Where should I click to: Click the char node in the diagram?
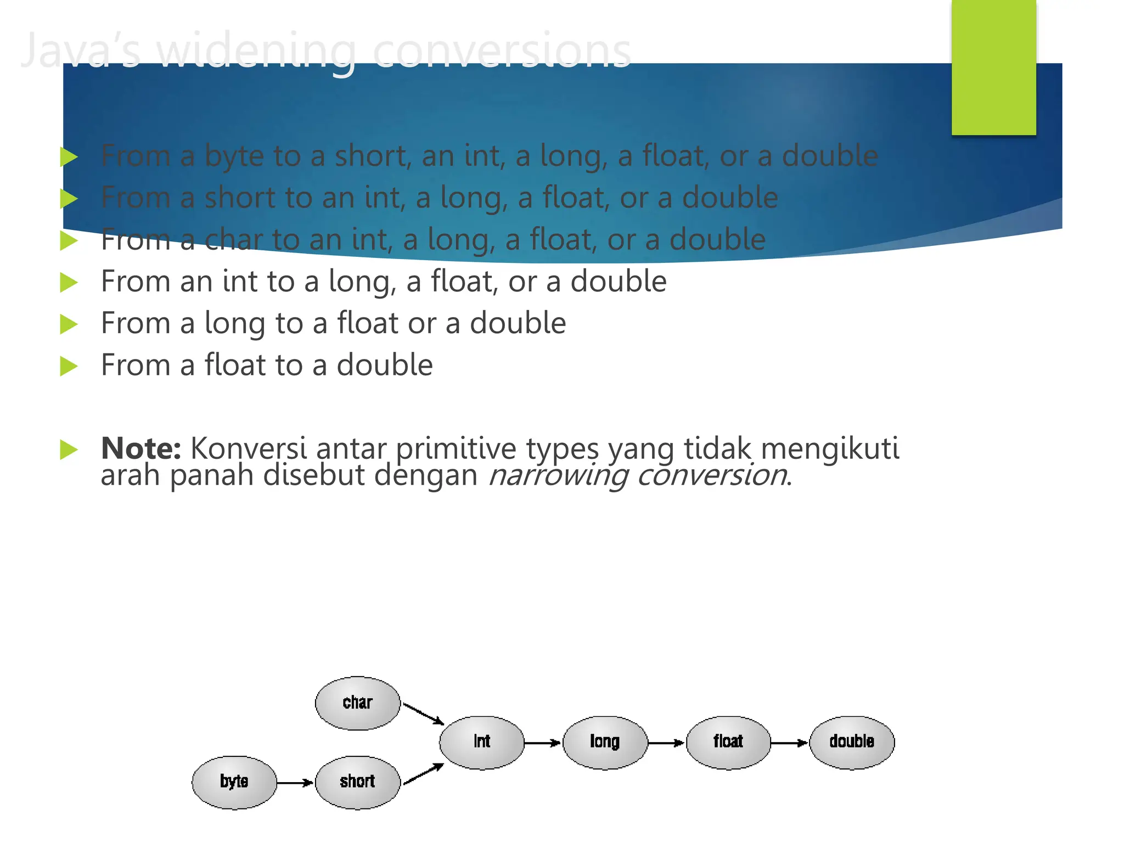[357, 703]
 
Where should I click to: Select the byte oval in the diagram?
[234, 782]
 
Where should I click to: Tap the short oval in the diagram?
[357, 782]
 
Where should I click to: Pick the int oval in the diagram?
[482, 742]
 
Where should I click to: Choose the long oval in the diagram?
[605, 742]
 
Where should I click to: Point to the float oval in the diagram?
[728, 742]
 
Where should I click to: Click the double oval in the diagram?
[852, 742]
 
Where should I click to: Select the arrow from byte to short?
[295, 782]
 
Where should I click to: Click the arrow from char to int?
[423, 713]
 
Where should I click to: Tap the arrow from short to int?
[423, 773]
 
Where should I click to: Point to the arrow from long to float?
[666, 743]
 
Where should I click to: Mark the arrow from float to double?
[789, 743]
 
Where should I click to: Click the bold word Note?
[141, 448]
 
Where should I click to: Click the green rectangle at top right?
[993, 67]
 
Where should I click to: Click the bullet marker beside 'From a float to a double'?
[69, 366]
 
